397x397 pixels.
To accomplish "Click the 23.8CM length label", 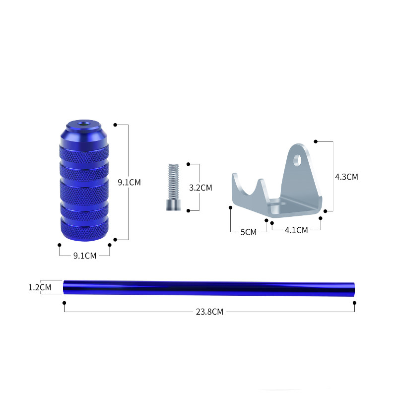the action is [209, 312].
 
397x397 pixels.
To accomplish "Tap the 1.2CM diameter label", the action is [40, 287].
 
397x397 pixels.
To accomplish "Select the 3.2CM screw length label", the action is [200, 188].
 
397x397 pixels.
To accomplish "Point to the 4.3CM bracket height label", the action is [346, 177].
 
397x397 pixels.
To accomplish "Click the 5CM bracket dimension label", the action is [249, 232].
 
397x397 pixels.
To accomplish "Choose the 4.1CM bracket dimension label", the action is [296, 230].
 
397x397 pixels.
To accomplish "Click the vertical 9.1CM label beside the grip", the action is [129, 182].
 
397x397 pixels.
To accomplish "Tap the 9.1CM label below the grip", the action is [85, 256].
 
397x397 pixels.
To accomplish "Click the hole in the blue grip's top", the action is [83, 124].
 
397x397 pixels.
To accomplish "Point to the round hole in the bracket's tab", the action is [297, 160].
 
